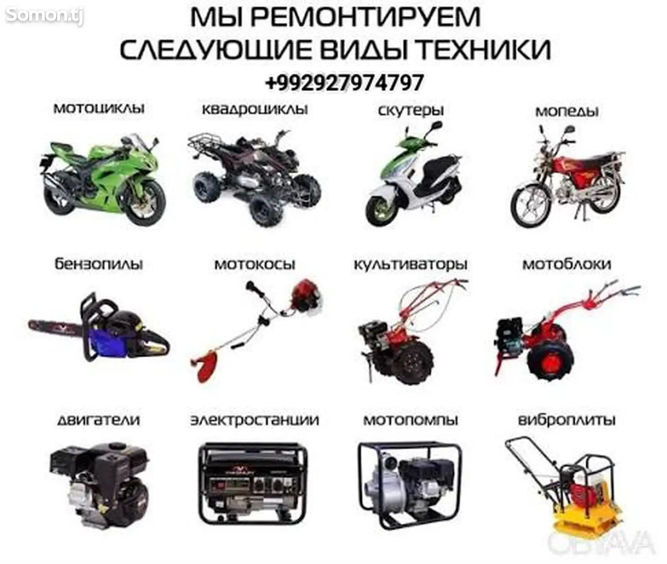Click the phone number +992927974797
[x=344, y=83]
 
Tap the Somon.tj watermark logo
[x=45, y=15]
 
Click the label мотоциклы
[x=99, y=108]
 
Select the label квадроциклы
[x=255, y=109]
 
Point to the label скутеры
[x=411, y=111]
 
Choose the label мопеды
[x=567, y=112]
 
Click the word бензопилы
[x=99, y=264]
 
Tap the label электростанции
[x=255, y=420]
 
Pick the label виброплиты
[x=567, y=420]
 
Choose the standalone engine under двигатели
[x=99, y=484]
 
